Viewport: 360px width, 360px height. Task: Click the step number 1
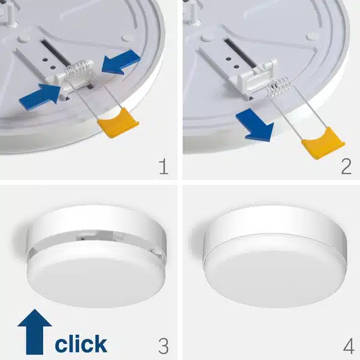164,167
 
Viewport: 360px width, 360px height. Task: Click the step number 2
346,167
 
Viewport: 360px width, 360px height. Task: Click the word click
81,344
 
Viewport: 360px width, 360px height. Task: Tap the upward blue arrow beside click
35,332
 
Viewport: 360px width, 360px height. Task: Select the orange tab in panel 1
118,123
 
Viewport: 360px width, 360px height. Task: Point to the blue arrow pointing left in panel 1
121,62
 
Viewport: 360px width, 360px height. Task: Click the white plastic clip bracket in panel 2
257,77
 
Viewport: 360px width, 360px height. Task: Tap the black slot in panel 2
240,52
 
